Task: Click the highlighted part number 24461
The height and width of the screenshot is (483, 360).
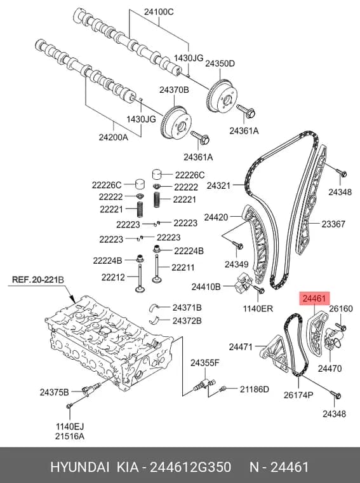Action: [x=314, y=298]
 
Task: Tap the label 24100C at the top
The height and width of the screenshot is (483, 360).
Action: [x=159, y=11]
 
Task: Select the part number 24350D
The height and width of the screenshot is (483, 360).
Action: [x=220, y=64]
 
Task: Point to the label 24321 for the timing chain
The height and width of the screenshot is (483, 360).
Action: [x=218, y=186]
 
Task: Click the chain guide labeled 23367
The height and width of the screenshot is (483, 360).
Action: [x=309, y=200]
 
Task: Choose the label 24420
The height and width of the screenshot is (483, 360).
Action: [x=217, y=217]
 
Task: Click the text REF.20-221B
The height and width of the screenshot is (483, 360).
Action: [x=38, y=280]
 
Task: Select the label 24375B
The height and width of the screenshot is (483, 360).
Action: [x=54, y=393]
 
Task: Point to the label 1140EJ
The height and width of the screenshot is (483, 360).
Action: [x=70, y=426]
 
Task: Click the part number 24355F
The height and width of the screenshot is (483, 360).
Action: [x=204, y=363]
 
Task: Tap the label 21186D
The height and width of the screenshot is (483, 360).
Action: [x=255, y=390]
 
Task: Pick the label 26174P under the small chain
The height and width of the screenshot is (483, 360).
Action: [x=298, y=395]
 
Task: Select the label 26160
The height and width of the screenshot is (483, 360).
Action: [x=341, y=308]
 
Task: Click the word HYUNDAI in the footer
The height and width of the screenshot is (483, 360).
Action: [x=80, y=467]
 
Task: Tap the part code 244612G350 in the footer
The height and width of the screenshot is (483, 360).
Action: [x=190, y=467]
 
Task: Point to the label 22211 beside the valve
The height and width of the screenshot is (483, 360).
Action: [x=183, y=268]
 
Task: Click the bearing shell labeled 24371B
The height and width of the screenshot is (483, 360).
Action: [x=155, y=307]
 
